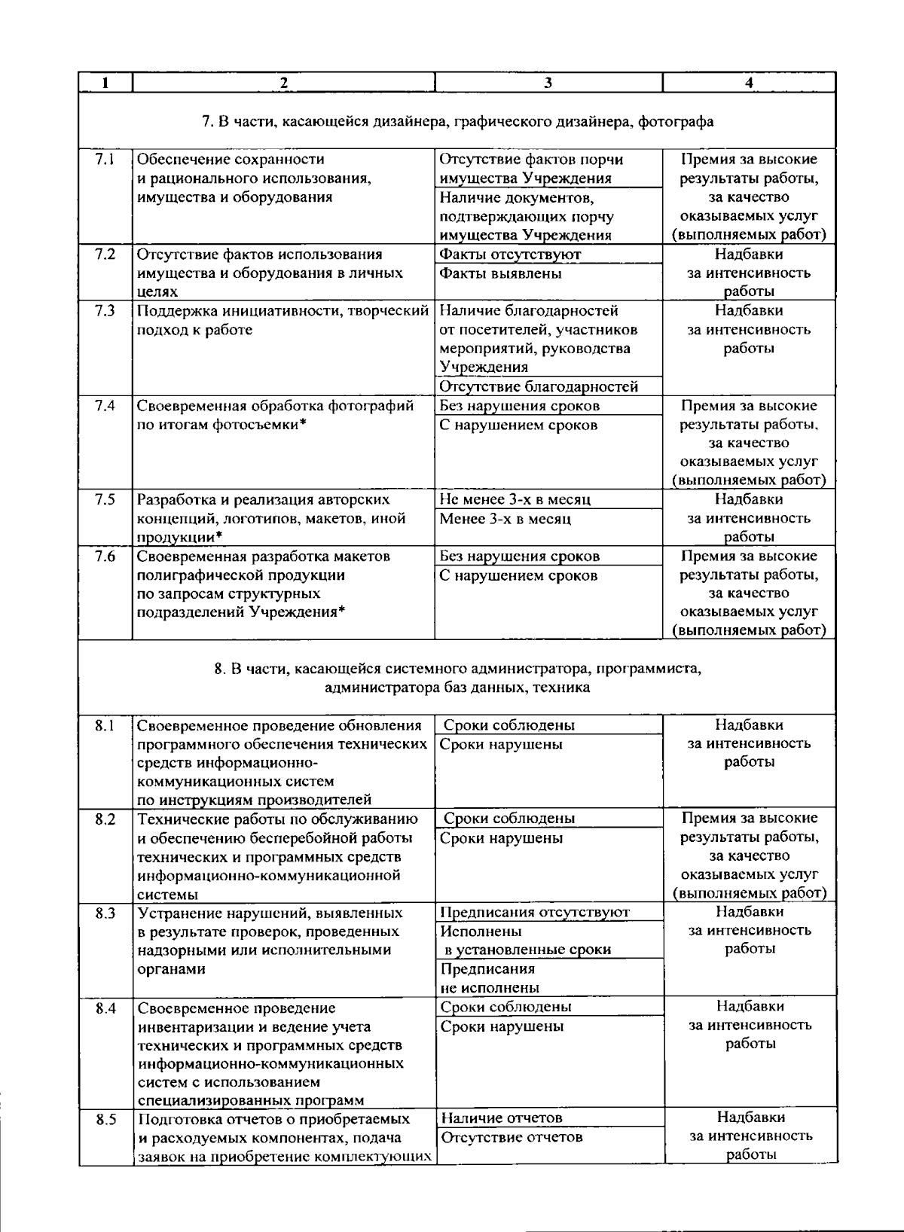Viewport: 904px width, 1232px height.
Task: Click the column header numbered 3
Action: [x=548, y=83]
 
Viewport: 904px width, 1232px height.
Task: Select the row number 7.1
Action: [x=105, y=160]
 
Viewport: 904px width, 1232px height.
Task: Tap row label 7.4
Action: [x=105, y=406]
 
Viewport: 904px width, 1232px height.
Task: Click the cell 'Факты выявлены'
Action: [x=500, y=273]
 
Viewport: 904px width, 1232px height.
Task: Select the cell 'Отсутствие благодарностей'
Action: [x=538, y=387]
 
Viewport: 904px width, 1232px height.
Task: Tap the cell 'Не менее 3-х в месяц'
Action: [x=515, y=499]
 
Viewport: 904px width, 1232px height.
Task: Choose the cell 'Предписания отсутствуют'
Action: [x=534, y=913]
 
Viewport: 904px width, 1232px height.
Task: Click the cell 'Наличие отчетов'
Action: [x=501, y=1118]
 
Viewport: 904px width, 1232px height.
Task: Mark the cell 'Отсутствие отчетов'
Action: [x=511, y=1137]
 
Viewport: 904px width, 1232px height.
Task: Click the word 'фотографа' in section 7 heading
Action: [x=676, y=121]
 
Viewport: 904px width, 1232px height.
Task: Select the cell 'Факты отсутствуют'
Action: [x=509, y=255]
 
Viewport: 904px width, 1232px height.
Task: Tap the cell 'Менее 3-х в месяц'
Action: [x=505, y=519]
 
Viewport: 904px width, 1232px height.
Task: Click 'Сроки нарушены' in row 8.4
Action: [x=502, y=1026]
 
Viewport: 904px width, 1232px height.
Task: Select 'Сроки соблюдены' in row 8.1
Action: [x=508, y=725]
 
